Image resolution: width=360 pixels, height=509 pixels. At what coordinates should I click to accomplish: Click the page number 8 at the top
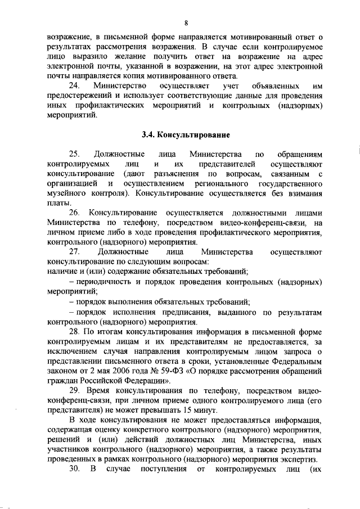185,22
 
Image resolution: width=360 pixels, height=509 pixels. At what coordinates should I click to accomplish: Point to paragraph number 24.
74,86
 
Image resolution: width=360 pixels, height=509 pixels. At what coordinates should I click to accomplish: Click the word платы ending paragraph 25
58,203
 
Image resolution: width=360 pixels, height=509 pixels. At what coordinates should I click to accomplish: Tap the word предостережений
82,96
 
